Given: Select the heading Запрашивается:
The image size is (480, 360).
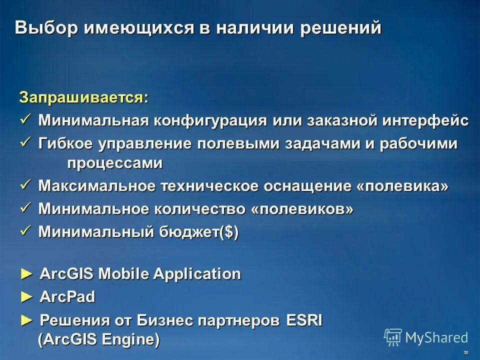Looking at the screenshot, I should pyautogui.click(x=84, y=97).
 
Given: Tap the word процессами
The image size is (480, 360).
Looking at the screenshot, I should pyautogui.click(x=115, y=163).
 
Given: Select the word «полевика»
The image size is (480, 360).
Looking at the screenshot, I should pyautogui.click(x=403, y=186).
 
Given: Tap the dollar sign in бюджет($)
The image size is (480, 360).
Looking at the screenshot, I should pyautogui.click(x=228, y=232).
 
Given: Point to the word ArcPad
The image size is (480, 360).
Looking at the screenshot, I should pyautogui.click(x=67, y=297).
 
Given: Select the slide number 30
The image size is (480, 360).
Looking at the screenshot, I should pyautogui.click(x=466, y=352).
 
